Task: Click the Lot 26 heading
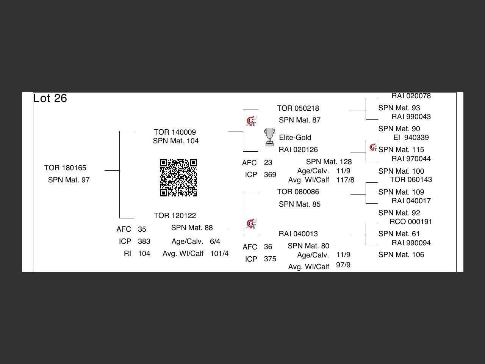click(50, 98)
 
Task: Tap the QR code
click(178, 178)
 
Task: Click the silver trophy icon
click(269, 137)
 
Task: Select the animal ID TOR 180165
click(65, 168)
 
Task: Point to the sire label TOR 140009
click(175, 132)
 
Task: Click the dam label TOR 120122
click(175, 215)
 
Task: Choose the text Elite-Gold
click(295, 137)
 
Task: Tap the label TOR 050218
click(298, 108)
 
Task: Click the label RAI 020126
click(298, 149)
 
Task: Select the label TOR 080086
click(298, 191)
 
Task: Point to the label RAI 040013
click(298, 234)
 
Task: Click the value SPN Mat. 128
click(329, 162)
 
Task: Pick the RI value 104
click(144, 253)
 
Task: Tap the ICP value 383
click(144, 241)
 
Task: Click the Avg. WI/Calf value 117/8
click(345, 180)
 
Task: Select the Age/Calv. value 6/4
click(215, 241)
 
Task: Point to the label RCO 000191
click(411, 221)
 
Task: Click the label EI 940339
click(411, 137)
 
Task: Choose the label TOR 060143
click(411, 179)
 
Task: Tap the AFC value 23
click(268, 162)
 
